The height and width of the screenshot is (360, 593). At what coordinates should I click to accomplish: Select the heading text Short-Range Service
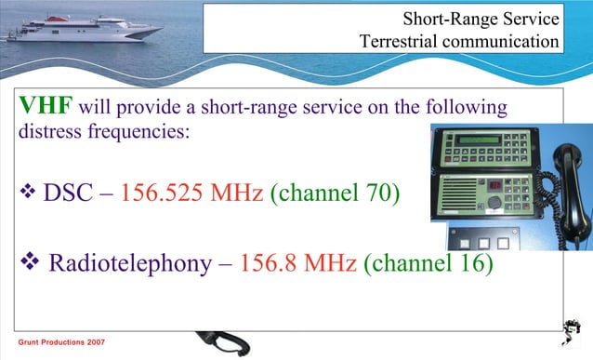pyautogui.click(x=481, y=18)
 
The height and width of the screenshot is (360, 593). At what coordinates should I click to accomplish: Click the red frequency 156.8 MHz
pyautogui.click(x=297, y=263)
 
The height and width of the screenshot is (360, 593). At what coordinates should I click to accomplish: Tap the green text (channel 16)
pyautogui.click(x=428, y=263)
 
